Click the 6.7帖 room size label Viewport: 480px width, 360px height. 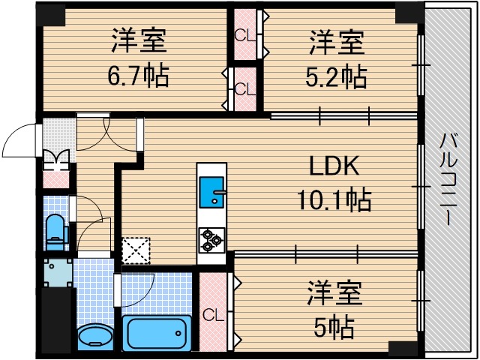[x=140, y=75]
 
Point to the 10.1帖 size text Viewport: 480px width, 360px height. [x=334, y=199]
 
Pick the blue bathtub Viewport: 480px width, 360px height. [x=157, y=331]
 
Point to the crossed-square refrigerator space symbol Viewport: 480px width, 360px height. [x=136, y=251]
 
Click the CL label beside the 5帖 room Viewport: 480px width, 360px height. [x=211, y=314]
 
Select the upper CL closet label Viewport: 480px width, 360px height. [x=244, y=34]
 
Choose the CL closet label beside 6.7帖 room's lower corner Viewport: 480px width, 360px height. [x=244, y=88]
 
